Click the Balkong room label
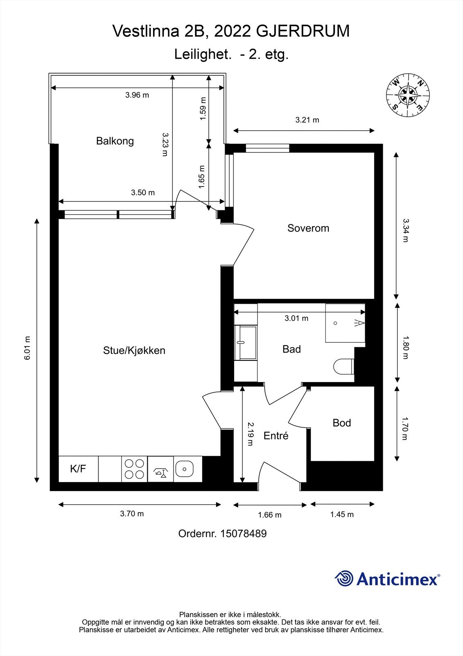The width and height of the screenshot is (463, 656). pos(115,141)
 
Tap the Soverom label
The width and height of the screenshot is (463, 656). pos(308,228)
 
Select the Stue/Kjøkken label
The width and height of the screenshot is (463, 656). pos(134,351)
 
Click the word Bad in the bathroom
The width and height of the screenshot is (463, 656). pos(291,349)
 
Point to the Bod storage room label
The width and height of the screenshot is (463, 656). pos(341,423)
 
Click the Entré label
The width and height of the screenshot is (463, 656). pos(276,436)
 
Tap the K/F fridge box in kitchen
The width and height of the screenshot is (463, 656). pos(78,469)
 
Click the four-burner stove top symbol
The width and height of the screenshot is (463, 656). pos(134,469)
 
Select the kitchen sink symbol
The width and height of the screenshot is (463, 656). pos(185,469)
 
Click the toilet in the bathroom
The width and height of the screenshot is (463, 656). pos(343,366)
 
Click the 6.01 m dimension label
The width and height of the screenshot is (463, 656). pos(27,348)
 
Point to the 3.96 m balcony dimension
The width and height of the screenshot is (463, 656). pos(137,95)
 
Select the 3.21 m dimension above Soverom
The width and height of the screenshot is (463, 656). pos(307,120)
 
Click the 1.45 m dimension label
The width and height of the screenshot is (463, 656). pos(342,515)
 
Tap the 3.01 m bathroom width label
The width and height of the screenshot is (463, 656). pos(296,318)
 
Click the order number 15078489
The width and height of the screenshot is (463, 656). pos(243,533)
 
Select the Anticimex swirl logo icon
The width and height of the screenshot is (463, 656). pos(344,579)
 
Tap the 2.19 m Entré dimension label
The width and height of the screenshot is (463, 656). pos(251,434)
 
